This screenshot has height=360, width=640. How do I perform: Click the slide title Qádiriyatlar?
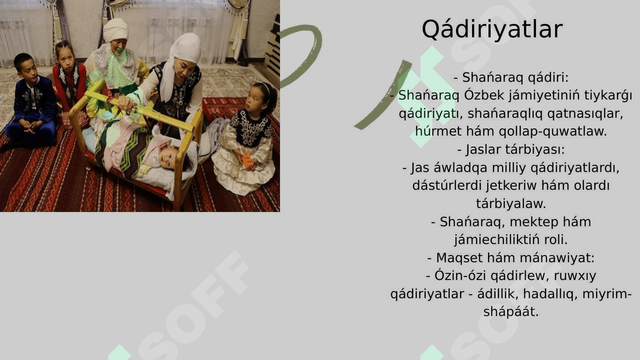[x=492, y=30]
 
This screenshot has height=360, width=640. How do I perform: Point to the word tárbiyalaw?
[x=511, y=204]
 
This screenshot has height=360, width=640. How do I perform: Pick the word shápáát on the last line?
[x=511, y=312]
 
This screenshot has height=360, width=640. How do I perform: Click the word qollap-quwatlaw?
[x=552, y=132]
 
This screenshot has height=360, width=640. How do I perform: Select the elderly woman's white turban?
[x=116, y=30]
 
